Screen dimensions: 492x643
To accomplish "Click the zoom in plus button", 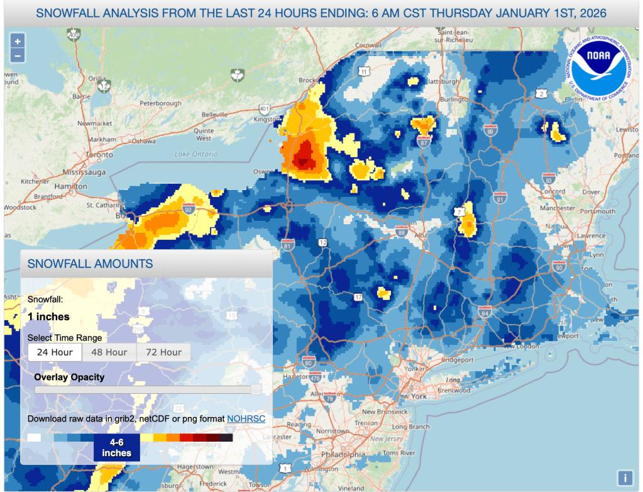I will tap(18, 41).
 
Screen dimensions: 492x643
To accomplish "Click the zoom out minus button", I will tap(18, 55).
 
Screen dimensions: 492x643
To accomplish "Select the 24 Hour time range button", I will tap(55, 352).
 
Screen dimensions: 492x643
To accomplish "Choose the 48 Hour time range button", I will tap(109, 352).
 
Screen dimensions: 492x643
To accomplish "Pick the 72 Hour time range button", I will tap(163, 352).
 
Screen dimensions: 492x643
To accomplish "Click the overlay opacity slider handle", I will tap(256, 389).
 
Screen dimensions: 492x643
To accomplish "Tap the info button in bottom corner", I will tap(625, 478).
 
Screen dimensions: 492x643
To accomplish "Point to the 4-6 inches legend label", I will tap(117, 448).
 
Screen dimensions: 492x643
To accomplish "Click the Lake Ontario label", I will tap(191, 154).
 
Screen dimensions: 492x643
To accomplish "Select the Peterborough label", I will tap(160, 103).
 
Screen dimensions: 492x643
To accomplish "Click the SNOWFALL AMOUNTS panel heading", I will tap(90, 264).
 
